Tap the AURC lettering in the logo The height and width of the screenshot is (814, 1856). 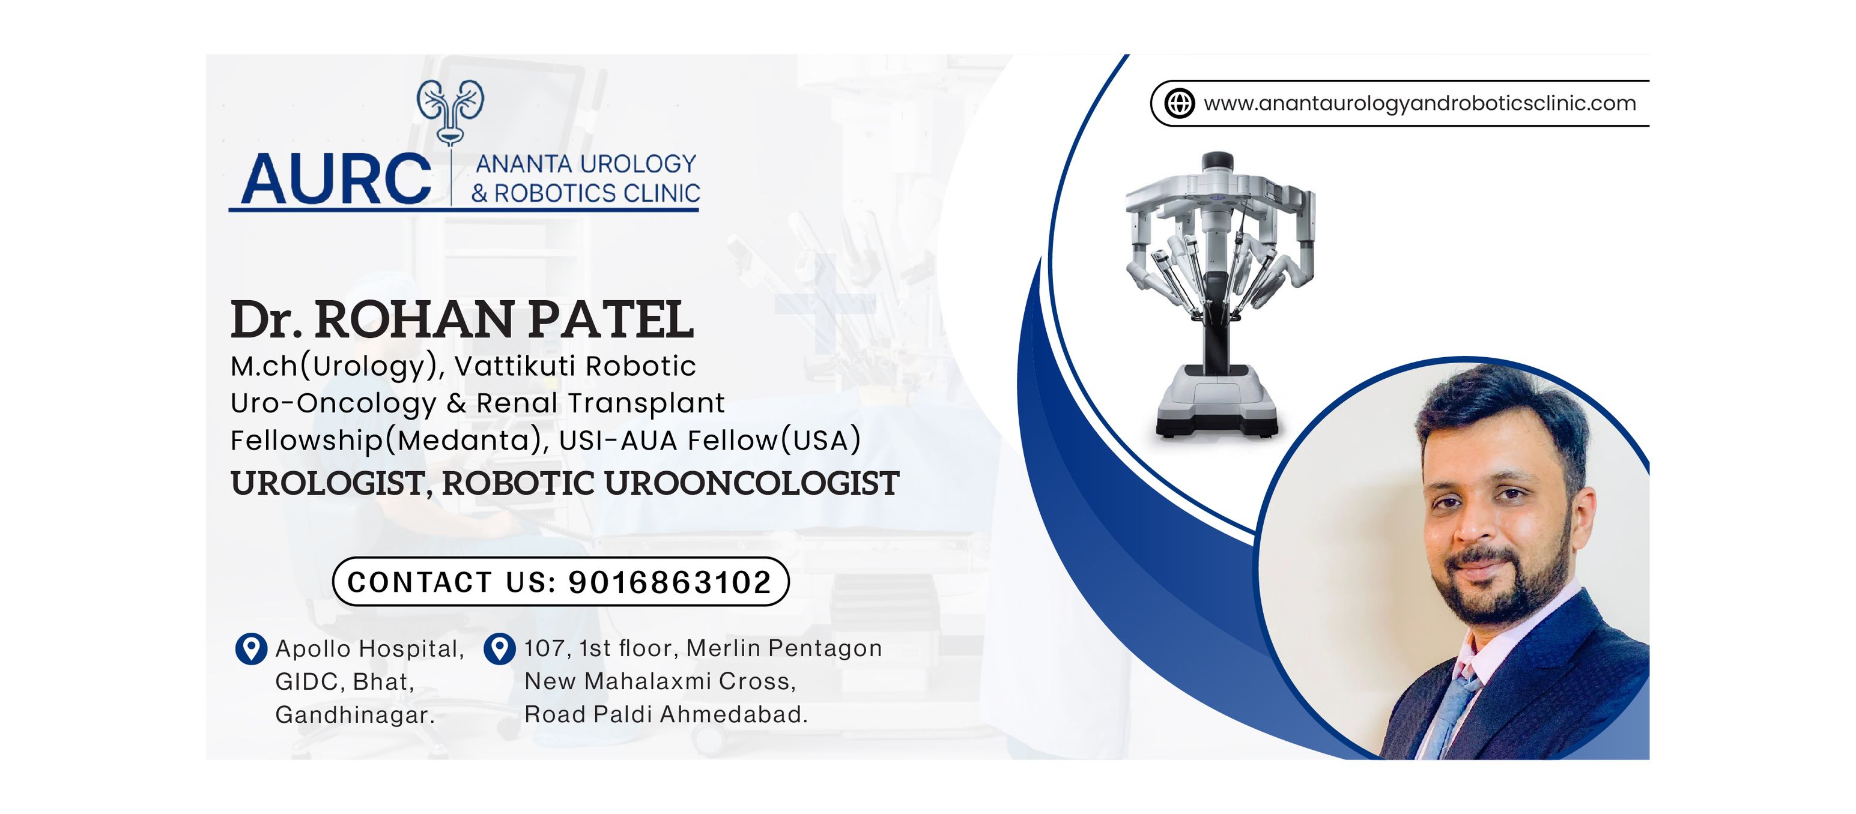[336, 179]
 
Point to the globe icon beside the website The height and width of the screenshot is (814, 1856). [1180, 103]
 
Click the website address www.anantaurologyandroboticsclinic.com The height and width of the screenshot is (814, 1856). [1419, 104]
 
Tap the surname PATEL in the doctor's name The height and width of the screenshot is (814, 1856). [611, 321]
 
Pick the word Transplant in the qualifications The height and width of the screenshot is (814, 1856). [646, 404]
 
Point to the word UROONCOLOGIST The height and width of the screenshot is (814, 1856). [751, 483]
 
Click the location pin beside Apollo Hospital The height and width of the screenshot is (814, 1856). [252, 649]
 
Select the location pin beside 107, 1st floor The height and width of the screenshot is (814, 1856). [499, 648]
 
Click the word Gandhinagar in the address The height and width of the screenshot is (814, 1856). [354, 716]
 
